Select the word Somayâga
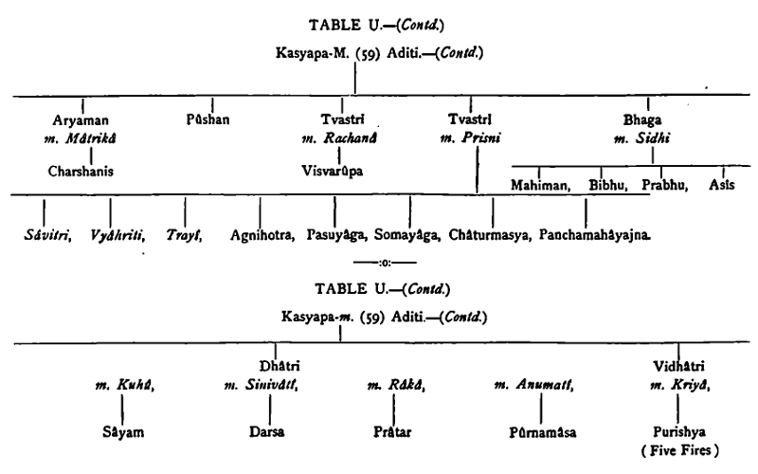click(409, 233)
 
